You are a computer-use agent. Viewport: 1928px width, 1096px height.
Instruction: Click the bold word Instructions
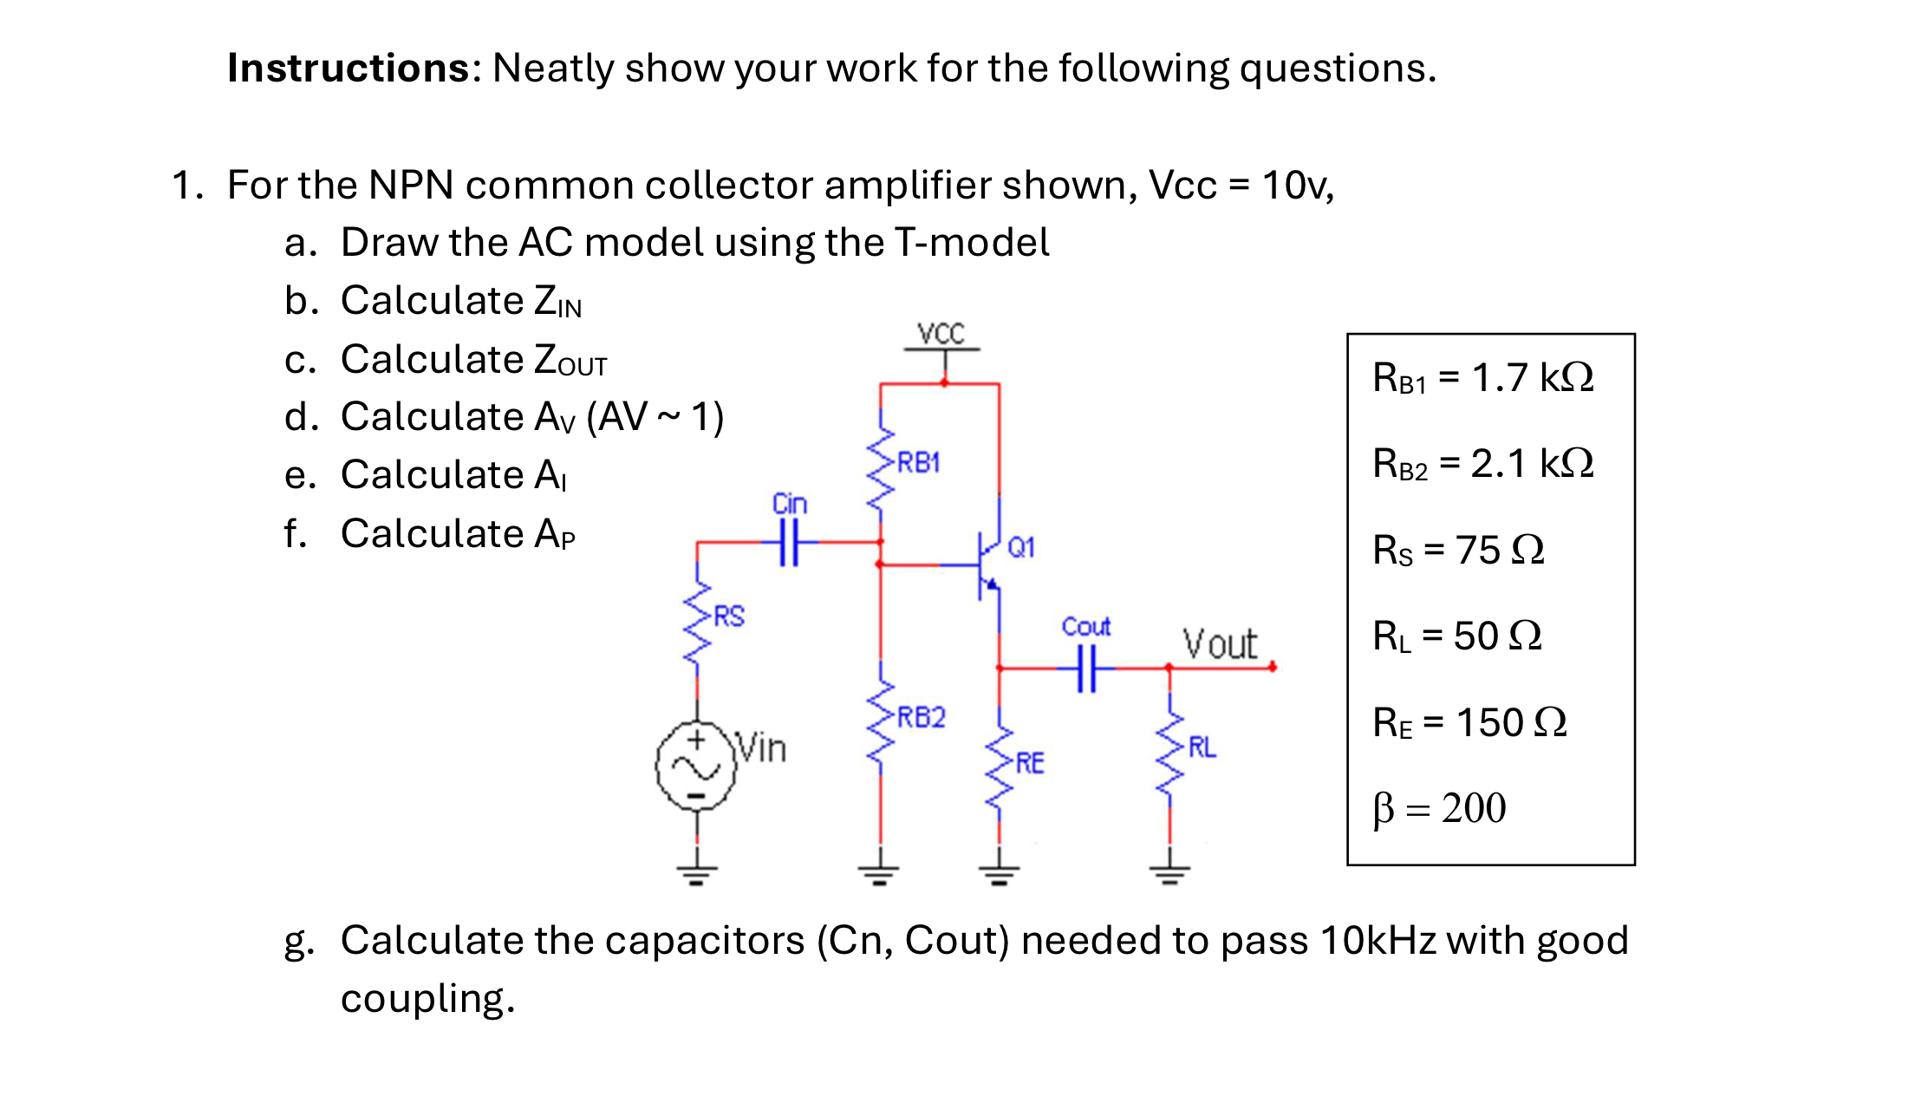[348, 68]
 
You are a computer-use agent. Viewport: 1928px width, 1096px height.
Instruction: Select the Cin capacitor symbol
[789, 543]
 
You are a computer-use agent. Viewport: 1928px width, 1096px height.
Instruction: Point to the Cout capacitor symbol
[1086, 668]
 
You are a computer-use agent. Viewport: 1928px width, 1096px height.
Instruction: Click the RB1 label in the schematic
[918, 462]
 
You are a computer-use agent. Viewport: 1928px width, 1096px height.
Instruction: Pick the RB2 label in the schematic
[921, 717]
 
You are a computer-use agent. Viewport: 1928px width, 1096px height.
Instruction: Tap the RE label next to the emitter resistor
[1030, 763]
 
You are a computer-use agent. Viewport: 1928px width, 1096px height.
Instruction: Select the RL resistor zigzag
[1169, 754]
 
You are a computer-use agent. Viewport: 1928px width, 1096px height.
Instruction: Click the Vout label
[1220, 644]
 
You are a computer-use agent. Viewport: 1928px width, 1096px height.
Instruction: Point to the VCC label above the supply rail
[941, 334]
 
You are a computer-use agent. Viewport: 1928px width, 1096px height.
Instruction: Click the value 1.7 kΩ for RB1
[1533, 377]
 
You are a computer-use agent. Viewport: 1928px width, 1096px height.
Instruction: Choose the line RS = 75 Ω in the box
[1458, 550]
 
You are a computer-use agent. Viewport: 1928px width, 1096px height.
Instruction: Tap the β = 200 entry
[1440, 808]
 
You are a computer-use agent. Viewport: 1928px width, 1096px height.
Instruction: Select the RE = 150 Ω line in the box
[1469, 722]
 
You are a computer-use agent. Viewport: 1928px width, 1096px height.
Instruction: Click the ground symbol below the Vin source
[697, 872]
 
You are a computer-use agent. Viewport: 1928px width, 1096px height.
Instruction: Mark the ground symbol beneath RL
[1169, 872]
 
